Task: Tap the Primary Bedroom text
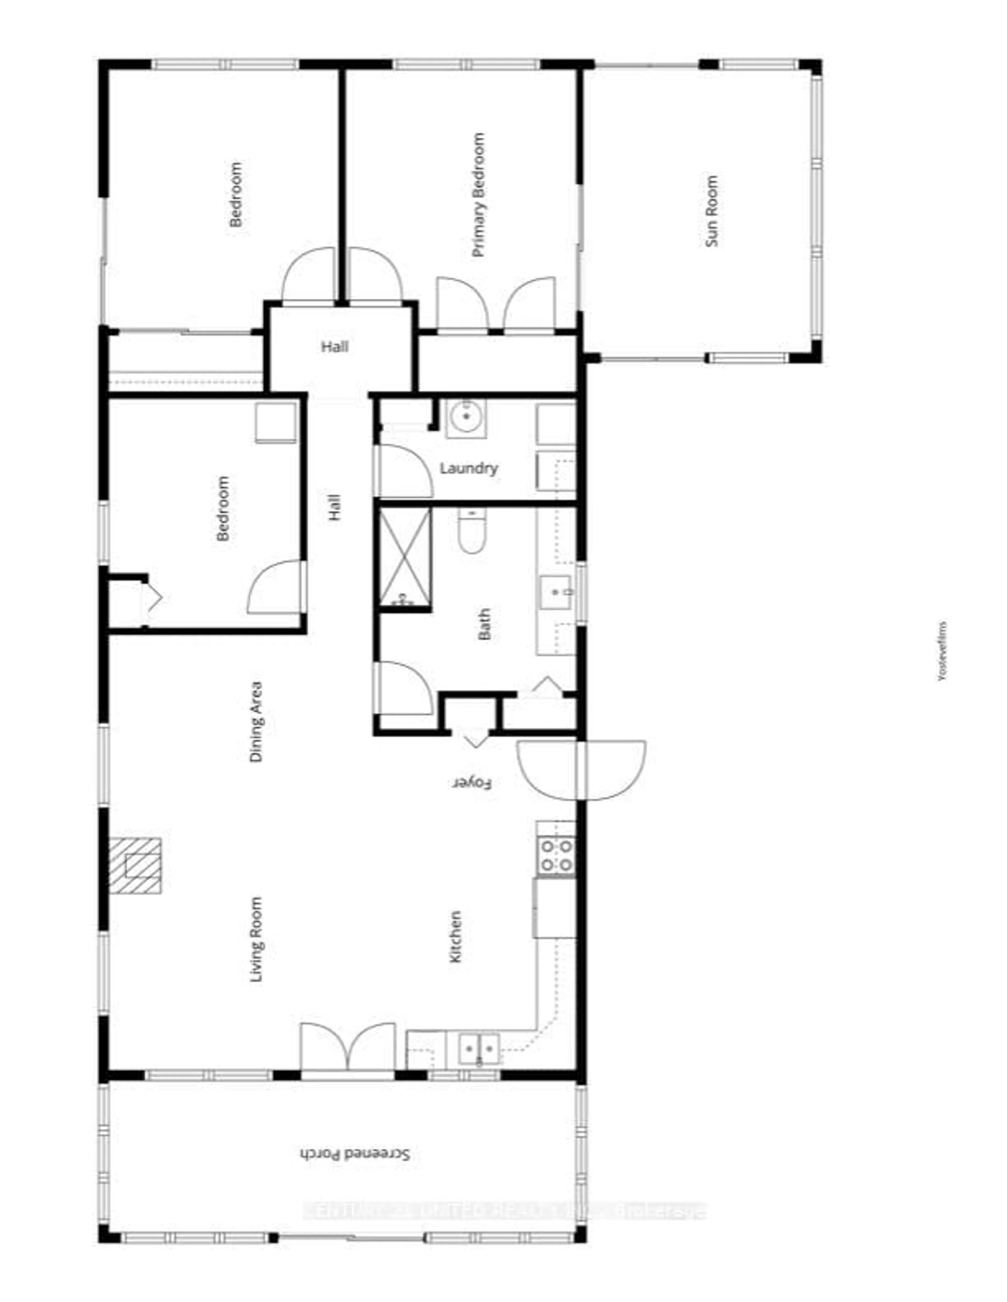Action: [x=478, y=195]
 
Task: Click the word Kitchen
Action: [x=455, y=936]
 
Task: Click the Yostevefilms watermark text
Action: [x=942, y=652]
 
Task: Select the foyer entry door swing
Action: [x=582, y=770]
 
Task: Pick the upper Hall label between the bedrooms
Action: [x=335, y=346]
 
